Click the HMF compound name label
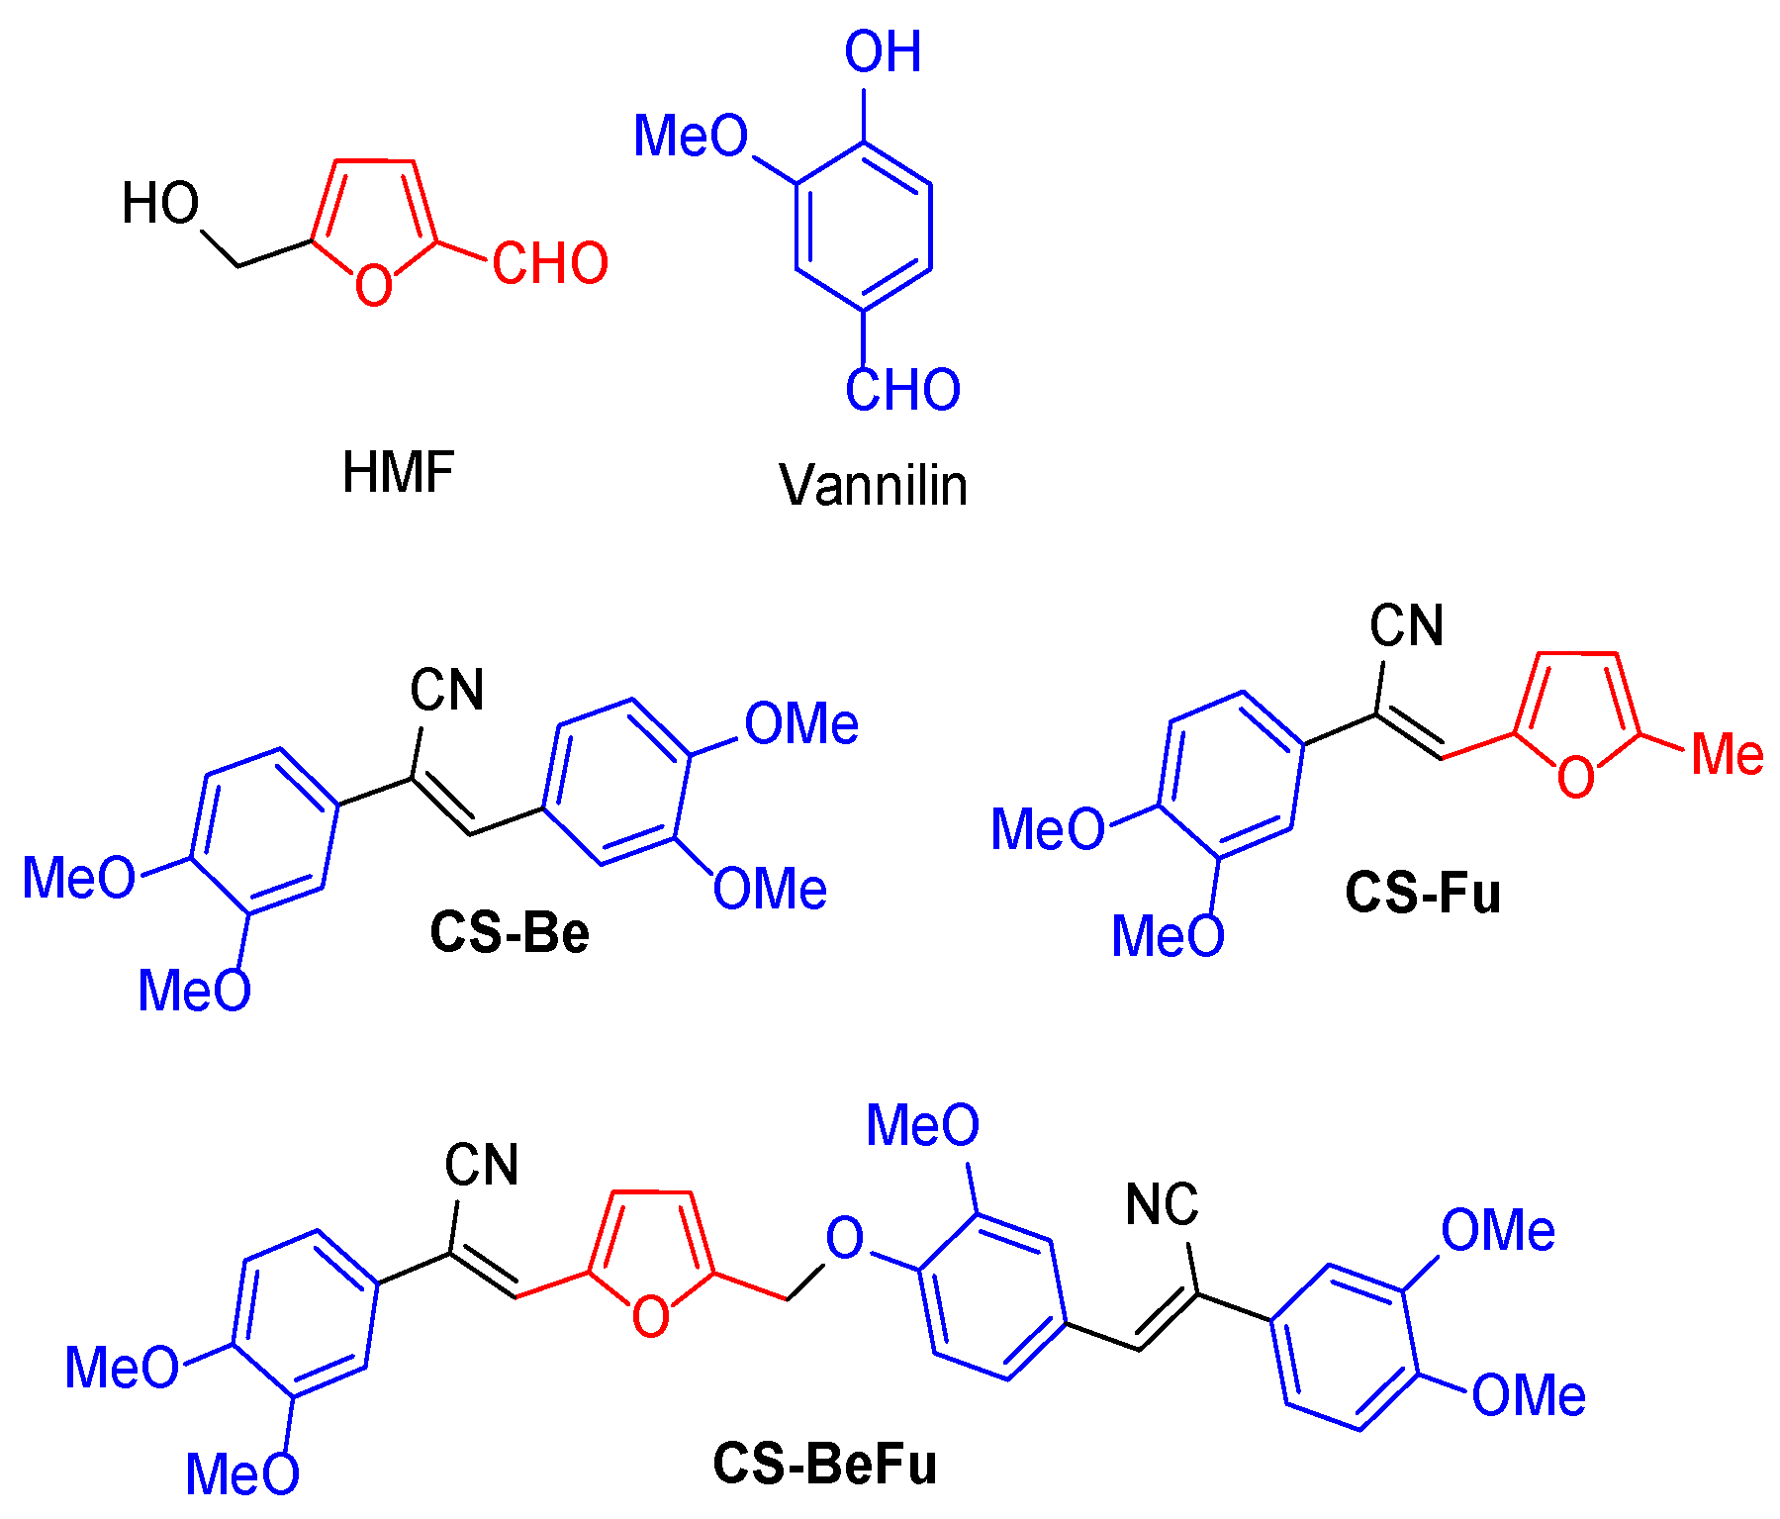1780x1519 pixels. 398,472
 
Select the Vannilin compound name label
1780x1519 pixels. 873,485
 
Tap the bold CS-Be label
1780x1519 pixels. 510,932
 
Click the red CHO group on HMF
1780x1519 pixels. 550,263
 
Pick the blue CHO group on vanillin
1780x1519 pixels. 902,390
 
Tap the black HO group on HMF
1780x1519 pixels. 160,204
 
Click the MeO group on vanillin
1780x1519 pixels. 691,136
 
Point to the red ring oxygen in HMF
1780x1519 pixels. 374,286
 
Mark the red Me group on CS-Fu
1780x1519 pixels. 1727,755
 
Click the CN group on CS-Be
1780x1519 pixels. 447,690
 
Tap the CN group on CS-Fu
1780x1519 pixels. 1406,625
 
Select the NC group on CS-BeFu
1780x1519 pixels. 1162,1204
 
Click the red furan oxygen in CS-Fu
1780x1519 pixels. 1576,777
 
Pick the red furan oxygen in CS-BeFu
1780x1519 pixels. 650,1317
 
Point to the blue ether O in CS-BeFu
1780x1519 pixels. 844,1237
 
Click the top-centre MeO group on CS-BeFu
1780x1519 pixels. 922,1125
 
